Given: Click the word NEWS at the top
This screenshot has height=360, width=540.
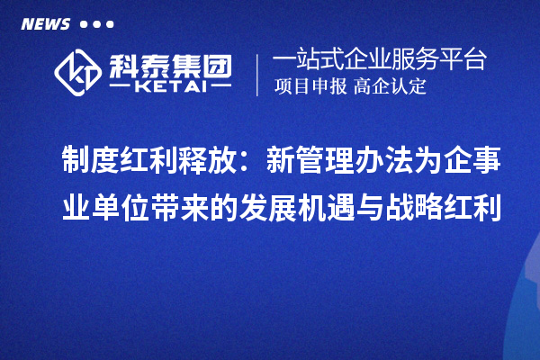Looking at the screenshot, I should point(45,24).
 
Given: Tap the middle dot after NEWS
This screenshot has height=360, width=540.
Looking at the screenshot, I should point(97,24).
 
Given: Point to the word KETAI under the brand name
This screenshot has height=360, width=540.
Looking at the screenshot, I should point(169,88).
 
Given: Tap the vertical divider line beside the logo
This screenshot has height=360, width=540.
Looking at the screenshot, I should point(258,74).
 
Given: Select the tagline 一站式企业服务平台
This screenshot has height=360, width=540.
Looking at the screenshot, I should point(379,59).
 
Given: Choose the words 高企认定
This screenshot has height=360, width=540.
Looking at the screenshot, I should point(390,87).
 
